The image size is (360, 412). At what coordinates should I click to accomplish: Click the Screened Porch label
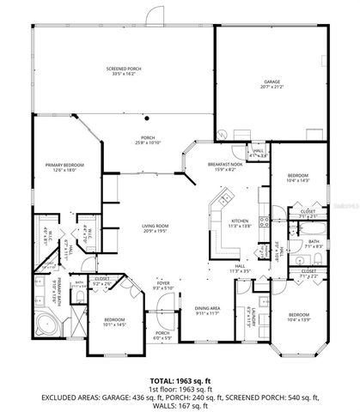click(x=125, y=70)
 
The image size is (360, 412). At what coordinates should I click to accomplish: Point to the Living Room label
click(x=160, y=228)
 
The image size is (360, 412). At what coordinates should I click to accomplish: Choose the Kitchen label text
click(x=240, y=222)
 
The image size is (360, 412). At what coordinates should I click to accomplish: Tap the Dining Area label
click(x=209, y=311)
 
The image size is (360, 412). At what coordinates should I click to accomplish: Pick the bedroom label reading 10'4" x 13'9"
click(x=299, y=317)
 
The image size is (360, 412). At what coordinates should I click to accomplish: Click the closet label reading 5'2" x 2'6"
click(x=101, y=280)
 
